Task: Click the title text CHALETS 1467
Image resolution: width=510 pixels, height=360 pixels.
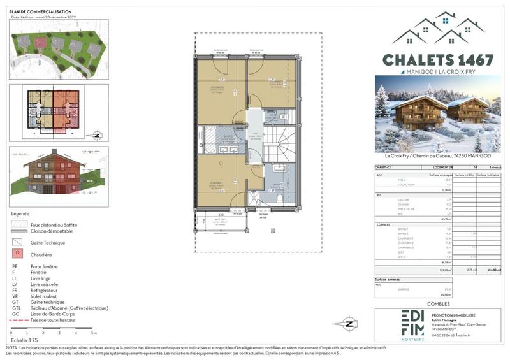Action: pos(437,60)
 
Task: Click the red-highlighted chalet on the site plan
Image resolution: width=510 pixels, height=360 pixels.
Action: pos(41,43)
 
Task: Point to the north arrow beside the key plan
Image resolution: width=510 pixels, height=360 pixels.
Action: pos(95,134)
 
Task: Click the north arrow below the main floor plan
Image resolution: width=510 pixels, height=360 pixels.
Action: pos(349,323)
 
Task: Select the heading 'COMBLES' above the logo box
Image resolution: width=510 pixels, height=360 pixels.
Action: pos(437,304)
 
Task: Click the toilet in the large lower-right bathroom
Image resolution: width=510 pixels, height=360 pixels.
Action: pos(281,198)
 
